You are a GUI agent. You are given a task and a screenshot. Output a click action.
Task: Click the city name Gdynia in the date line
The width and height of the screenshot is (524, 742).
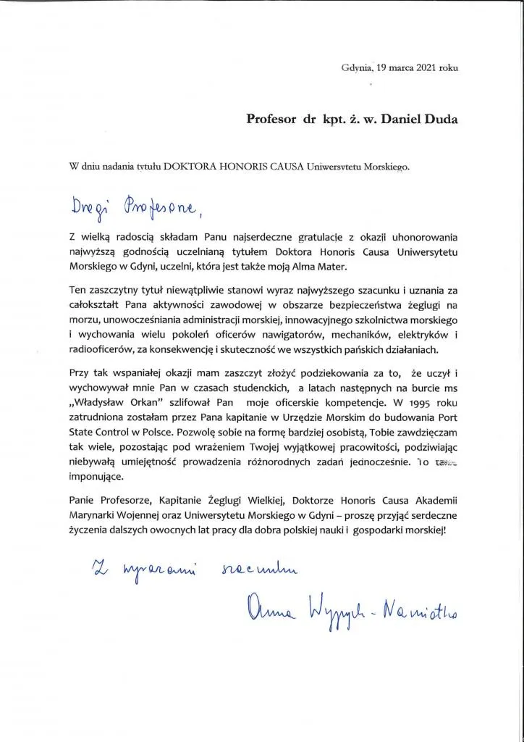357,67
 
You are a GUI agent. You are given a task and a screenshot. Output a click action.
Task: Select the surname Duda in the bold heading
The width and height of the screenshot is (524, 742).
441,118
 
